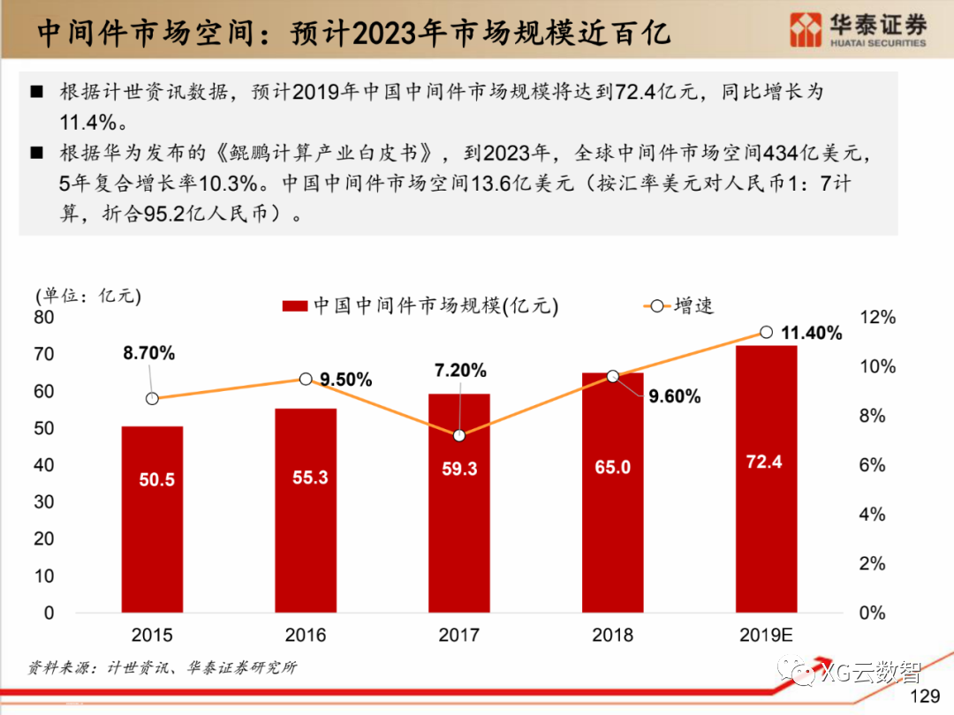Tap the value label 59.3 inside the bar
coord(459,469)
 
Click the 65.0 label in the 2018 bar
coord(612,467)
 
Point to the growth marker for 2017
coord(459,435)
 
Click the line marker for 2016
coord(306,379)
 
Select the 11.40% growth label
coord(812,334)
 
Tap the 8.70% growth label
coord(149,353)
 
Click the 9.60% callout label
coord(674,396)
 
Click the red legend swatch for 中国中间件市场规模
coord(294,306)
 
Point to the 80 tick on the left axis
coord(44,317)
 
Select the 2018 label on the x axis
coord(612,635)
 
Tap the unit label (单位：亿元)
coord(87,295)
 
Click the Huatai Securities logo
coord(858,30)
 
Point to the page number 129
coord(925,696)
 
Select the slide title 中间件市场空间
coord(353,33)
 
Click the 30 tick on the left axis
coord(44,501)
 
